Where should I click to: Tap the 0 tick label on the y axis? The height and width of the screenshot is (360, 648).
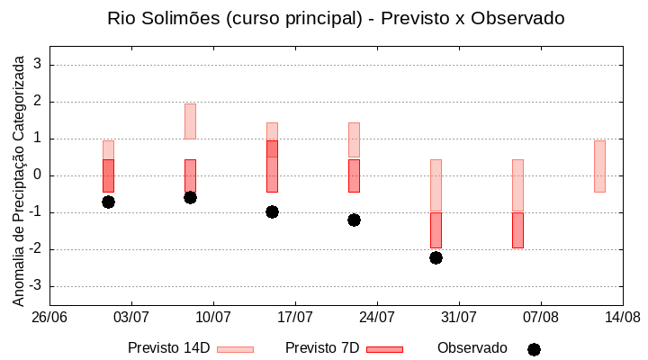pos(38,175)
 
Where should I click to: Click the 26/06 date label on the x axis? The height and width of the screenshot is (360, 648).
pos(49,318)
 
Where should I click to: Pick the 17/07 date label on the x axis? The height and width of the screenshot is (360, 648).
pos(295,318)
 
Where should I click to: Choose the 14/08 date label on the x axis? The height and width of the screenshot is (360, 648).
pos(622,318)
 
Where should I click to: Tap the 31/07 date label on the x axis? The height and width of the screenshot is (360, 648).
pos(459,318)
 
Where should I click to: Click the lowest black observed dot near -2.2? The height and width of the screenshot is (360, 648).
pos(436,257)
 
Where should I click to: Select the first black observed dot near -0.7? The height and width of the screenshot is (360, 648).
pos(108,202)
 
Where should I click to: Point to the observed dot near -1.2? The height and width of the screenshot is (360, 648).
pos(354,220)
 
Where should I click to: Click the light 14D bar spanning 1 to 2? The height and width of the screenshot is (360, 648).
pos(190,121)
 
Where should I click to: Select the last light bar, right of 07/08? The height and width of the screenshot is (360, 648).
pos(599,166)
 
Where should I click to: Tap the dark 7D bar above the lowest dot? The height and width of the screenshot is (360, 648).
pos(436,229)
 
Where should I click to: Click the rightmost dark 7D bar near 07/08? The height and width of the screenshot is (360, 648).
pos(517,229)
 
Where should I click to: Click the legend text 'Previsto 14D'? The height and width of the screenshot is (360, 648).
pos(168,348)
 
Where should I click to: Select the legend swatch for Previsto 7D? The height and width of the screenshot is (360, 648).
pos(384,349)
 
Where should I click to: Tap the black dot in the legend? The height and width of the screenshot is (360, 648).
pos(534,349)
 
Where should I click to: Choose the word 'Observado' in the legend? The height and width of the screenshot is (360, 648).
pos(472,348)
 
